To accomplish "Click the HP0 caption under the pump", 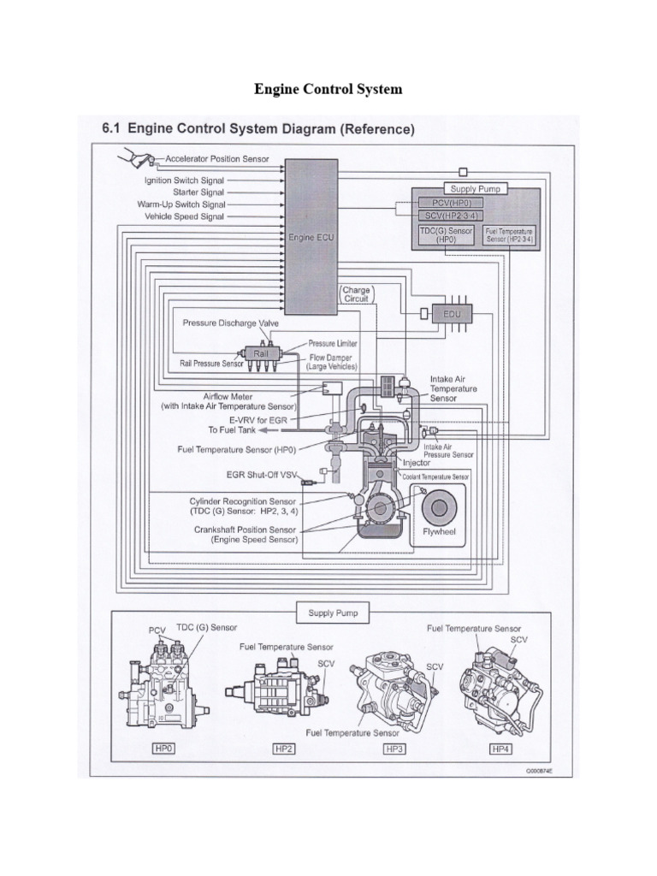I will [x=163, y=749].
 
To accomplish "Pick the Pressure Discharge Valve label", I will [x=231, y=323].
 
